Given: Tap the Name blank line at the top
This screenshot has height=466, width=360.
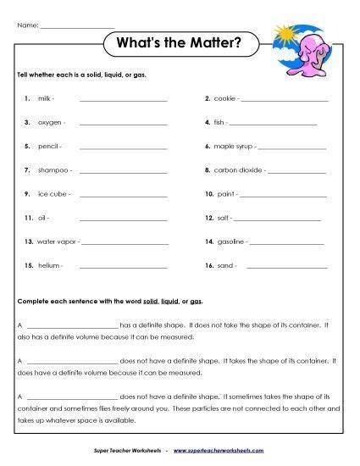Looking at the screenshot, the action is pyautogui.click(x=77, y=26).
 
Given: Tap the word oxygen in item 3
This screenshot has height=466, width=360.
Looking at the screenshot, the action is pyautogui.click(x=50, y=123).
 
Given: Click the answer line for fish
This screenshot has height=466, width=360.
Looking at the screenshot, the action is pyautogui.click(x=273, y=124).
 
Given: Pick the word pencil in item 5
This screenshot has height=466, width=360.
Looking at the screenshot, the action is pyautogui.click(x=48, y=147).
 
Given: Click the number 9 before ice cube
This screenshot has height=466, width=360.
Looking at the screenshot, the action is pyautogui.click(x=28, y=194).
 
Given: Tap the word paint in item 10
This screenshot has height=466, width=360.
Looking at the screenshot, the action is pyautogui.click(x=226, y=194).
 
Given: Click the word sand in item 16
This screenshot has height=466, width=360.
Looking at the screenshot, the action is pyautogui.click(x=226, y=265).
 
